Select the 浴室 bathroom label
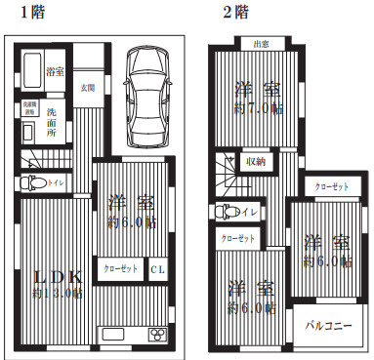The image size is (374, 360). (x=56, y=72)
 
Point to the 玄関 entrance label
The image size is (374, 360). (x=88, y=88)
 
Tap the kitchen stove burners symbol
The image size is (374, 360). (x=156, y=335)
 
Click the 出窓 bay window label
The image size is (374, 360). (x=261, y=44)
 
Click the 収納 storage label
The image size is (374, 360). (x=255, y=162)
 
